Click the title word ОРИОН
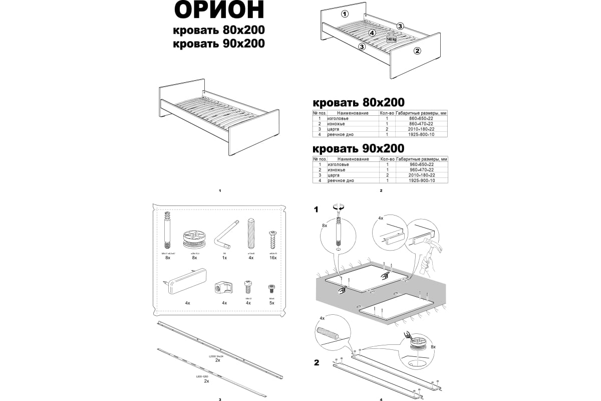click(219, 11)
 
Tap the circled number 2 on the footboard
click(417, 50)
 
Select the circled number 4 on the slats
click(372, 33)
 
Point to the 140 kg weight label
click(391, 39)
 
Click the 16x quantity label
click(273, 257)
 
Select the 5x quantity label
click(272, 303)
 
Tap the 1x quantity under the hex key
click(224, 257)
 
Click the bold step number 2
click(316, 363)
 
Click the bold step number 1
click(316, 210)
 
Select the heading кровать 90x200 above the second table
click(358, 149)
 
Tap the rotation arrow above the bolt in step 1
click(339, 207)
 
